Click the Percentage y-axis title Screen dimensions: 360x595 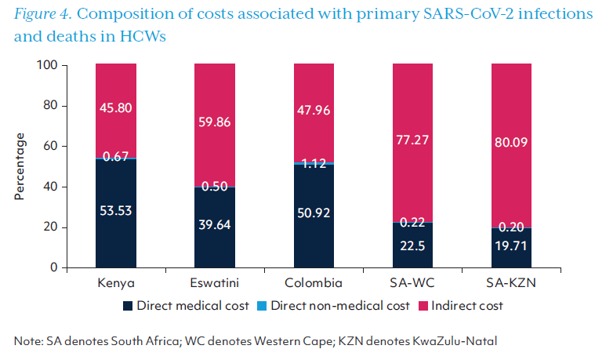(x=20, y=166)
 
